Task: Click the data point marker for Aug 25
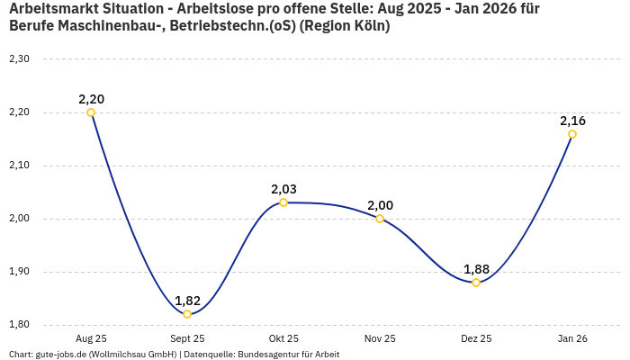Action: pyautogui.click(x=91, y=112)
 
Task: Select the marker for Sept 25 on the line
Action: pyautogui.click(x=187, y=314)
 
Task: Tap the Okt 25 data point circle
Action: pyautogui.click(x=283, y=202)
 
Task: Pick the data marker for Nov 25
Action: pyautogui.click(x=380, y=219)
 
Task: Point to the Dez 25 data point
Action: pyautogui.click(x=476, y=283)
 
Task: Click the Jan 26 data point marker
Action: pyautogui.click(x=572, y=134)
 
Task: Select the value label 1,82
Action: pyautogui.click(x=187, y=301)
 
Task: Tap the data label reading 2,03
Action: pyautogui.click(x=283, y=189)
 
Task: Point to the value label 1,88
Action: pyautogui.click(x=476, y=269)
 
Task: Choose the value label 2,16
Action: pyautogui.click(x=572, y=121)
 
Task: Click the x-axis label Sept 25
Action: pyautogui.click(x=187, y=338)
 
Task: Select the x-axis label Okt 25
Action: pyautogui.click(x=283, y=338)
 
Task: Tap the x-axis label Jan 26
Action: pyautogui.click(x=572, y=338)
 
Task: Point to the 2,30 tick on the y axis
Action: pyautogui.click(x=20, y=59)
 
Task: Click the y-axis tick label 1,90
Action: pyautogui.click(x=20, y=272)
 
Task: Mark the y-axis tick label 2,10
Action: pyautogui.click(x=20, y=166)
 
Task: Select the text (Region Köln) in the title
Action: pyautogui.click(x=345, y=26)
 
